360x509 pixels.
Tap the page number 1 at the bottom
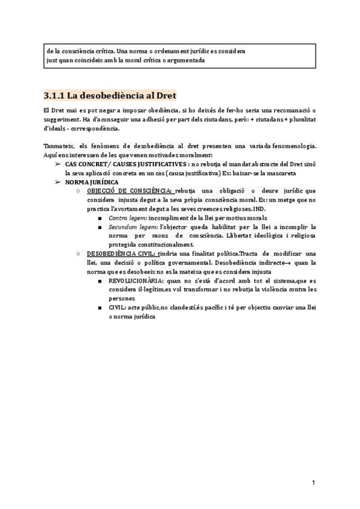click(x=313, y=483)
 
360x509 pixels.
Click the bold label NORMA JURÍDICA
click(x=92, y=181)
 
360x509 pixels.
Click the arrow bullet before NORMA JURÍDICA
click(x=58, y=181)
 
